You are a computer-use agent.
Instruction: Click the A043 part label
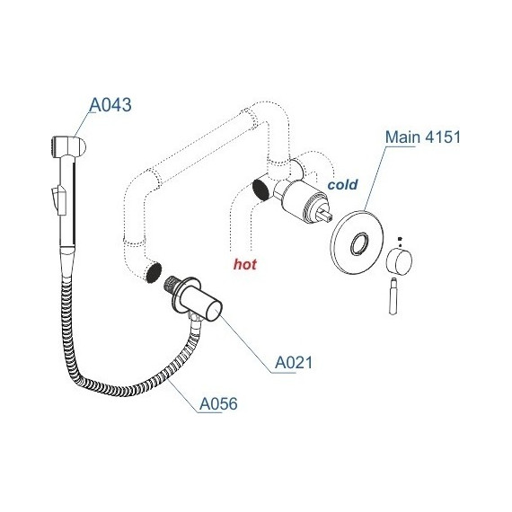tap(110, 105)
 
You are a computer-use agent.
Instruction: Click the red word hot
tap(245, 264)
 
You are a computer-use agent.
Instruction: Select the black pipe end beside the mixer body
tap(263, 188)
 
